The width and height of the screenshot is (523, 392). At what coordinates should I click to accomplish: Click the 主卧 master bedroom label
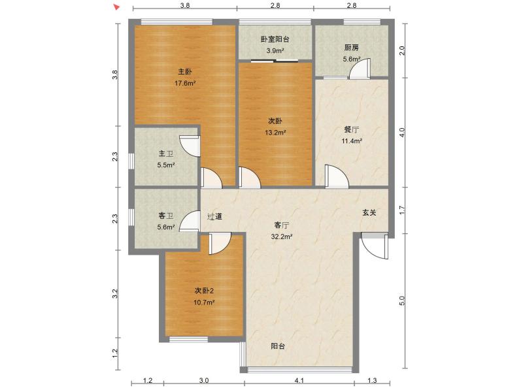click(x=185, y=71)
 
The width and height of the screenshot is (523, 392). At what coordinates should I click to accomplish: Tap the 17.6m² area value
click(x=185, y=84)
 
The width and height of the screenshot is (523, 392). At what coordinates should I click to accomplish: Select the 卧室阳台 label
click(x=275, y=39)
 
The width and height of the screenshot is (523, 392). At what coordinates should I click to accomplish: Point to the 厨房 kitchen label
click(x=351, y=48)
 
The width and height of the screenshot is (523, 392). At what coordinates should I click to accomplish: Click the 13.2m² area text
click(x=275, y=133)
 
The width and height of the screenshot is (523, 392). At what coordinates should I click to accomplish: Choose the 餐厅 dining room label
click(x=352, y=129)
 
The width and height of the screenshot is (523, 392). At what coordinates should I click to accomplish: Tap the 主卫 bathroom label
click(x=165, y=154)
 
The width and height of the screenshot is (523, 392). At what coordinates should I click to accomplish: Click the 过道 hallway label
click(x=215, y=216)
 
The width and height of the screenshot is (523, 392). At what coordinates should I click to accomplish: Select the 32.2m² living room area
click(x=282, y=237)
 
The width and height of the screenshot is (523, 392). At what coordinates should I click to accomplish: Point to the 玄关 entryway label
click(x=369, y=212)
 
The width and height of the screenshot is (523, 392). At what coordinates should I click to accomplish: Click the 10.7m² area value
click(x=204, y=302)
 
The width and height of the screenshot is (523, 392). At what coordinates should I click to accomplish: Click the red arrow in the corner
click(x=116, y=7)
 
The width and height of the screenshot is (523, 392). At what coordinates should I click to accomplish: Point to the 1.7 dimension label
click(x=403, y=210)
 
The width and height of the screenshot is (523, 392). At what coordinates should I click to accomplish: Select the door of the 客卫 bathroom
click(x=191, y=222)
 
